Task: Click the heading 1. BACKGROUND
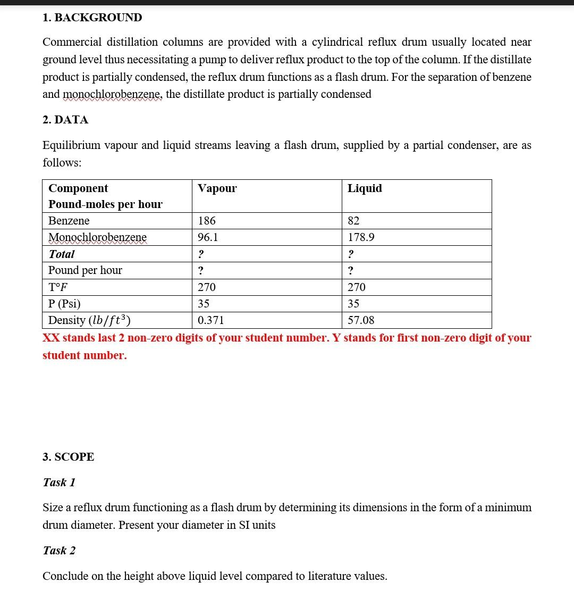point(92,18)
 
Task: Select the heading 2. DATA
point(65,120)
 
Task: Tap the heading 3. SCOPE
point(68,457)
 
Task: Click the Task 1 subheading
point(59,482)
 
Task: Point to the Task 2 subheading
point(59,550)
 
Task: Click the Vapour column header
point(217,188)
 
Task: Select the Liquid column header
point(365,188)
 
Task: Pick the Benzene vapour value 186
point(207,221)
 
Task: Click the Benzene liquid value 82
point(353,221)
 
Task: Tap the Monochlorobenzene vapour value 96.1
point(208,237)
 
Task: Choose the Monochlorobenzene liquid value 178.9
point(361,237)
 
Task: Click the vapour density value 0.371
point(210,320)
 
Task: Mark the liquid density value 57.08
point(361,320)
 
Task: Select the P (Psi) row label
point(64,304)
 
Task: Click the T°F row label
point(58,287)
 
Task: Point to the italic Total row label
point(62,254)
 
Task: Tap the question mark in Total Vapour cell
point(201,254)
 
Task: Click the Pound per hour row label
point(85,270)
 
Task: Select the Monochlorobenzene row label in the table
point(97,237)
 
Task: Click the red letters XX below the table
point(51,338)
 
